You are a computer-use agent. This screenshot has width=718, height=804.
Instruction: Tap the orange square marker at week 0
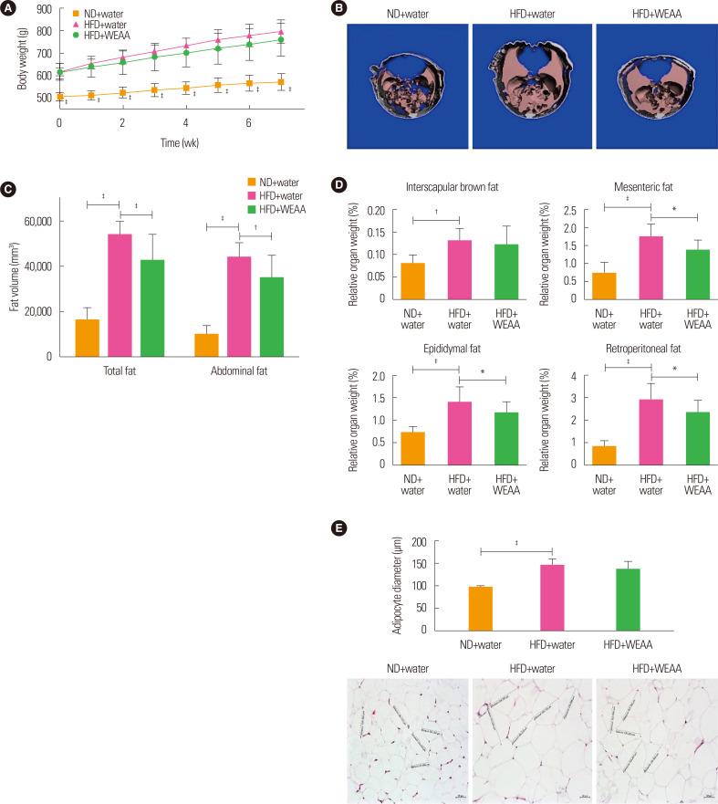tap(59, 96)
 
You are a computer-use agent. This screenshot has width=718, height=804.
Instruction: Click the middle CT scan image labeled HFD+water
tap(530, 87)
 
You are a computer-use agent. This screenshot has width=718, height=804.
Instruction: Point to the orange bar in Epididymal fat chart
tap(413, 447)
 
